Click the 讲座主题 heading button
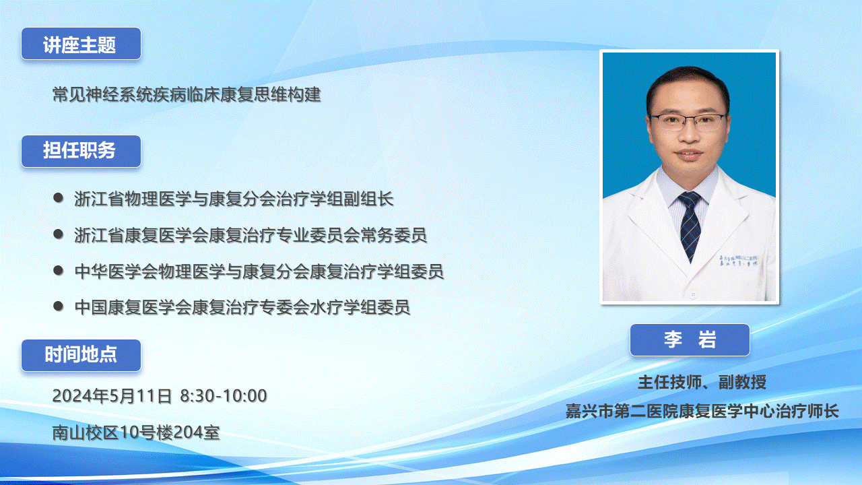click(81, 44)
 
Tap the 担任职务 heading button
click(81, 152)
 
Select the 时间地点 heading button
click(81, 355)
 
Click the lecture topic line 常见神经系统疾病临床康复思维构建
click(187, 94)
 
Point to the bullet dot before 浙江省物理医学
click(58, 198)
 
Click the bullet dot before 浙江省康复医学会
click(58, 234)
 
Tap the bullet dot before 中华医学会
click(58, 270)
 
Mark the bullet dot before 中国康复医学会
click(58, 306)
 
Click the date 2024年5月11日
click(112, 395)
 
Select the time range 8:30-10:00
click(224, 395)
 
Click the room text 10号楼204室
click(170, 432)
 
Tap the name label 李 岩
click(690, 340)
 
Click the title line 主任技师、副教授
click(702, 382)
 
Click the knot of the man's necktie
click(689, 200)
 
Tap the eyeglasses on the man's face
click(688, 122)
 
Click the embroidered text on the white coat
click(738, 261)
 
